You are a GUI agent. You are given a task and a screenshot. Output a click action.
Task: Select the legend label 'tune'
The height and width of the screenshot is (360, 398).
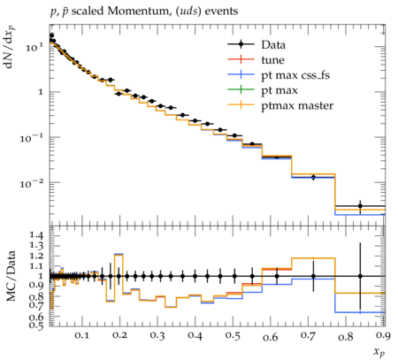click(272, 60)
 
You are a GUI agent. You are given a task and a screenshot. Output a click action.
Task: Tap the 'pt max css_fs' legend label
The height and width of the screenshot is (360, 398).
click(295, 75)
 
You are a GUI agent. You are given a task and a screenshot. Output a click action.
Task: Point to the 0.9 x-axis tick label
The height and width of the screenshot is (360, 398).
click(384, 335)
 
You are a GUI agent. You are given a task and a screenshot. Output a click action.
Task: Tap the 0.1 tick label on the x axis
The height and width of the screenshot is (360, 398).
click(81, 335)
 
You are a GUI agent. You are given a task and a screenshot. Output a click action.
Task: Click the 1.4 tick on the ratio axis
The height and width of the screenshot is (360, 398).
click(36, 235)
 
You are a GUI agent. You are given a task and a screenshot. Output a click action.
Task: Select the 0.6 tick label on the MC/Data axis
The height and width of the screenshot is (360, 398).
click(36, 317)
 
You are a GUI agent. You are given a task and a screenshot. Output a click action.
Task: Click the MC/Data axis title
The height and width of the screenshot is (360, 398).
click(11, 276)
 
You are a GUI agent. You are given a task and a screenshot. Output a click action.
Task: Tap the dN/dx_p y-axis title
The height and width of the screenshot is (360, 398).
click(11, 47)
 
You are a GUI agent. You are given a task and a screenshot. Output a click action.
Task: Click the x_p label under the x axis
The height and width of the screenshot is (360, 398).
click(379, 352)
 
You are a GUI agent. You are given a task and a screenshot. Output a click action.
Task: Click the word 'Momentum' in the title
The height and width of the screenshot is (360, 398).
click(138, 11)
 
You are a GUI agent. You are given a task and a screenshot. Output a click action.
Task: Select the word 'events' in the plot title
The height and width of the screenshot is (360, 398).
click(221, 11)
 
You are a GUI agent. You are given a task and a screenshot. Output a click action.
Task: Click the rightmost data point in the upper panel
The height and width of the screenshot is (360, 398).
click(360, 206)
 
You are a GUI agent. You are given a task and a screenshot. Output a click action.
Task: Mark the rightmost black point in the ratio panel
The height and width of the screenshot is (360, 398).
click(360, 276)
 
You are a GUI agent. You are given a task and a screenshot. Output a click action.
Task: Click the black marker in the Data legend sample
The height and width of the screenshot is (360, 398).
click(241, 44)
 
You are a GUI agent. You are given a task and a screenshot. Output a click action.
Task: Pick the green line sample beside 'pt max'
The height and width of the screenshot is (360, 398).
click(241, 90)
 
